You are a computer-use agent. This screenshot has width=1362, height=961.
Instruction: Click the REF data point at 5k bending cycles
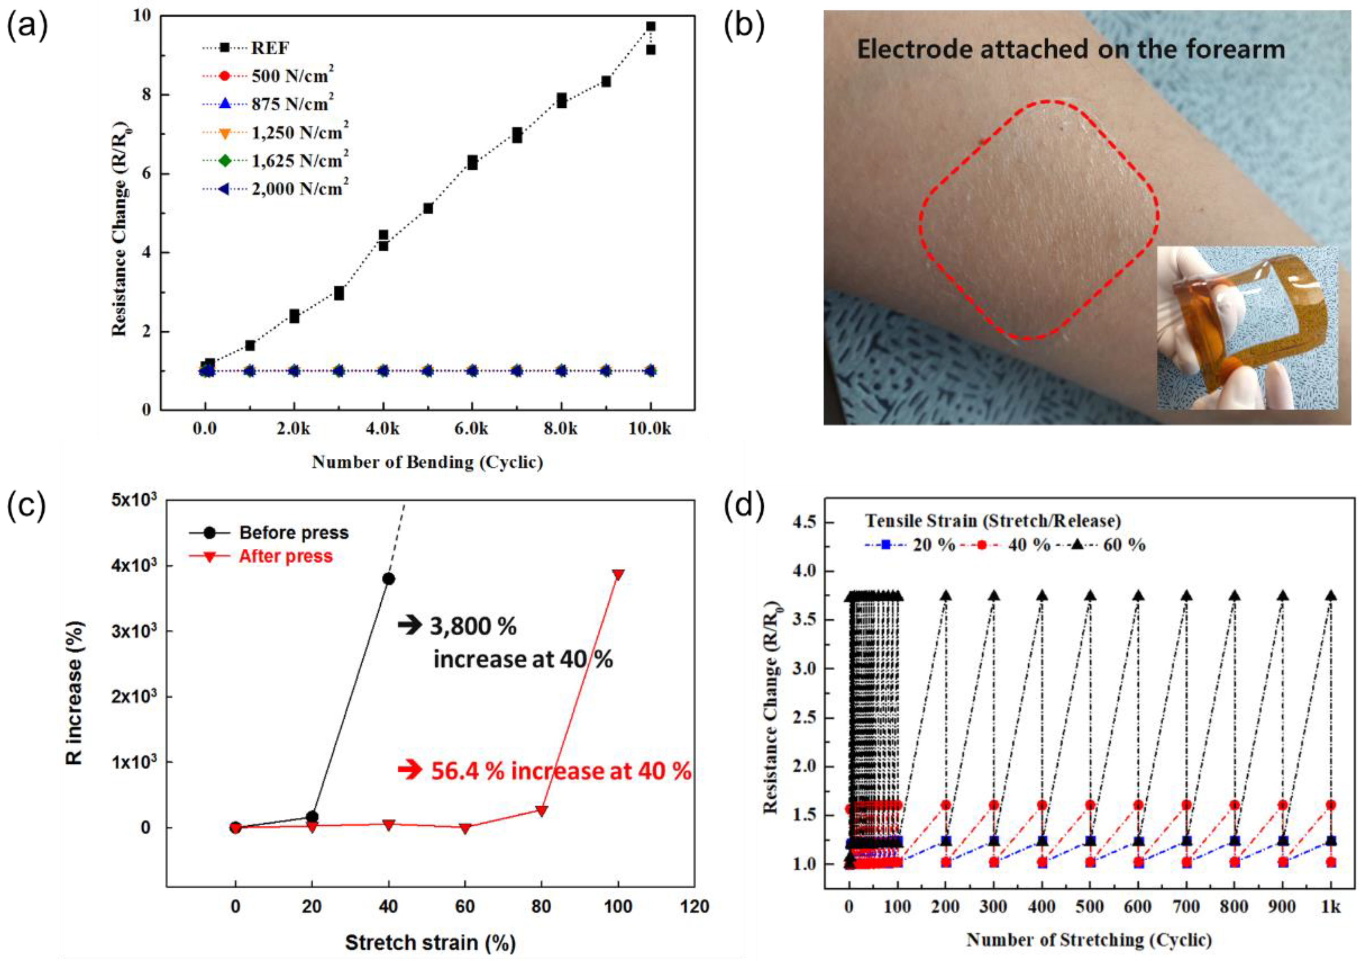pos(428,208)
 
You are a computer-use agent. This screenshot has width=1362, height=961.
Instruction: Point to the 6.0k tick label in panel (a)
pos(472,429)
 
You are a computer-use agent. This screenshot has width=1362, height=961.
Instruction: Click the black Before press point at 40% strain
pos(389,579)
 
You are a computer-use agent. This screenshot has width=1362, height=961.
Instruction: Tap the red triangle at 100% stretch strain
pos(618,575)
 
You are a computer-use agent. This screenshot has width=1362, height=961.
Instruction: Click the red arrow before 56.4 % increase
pos(409,770)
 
